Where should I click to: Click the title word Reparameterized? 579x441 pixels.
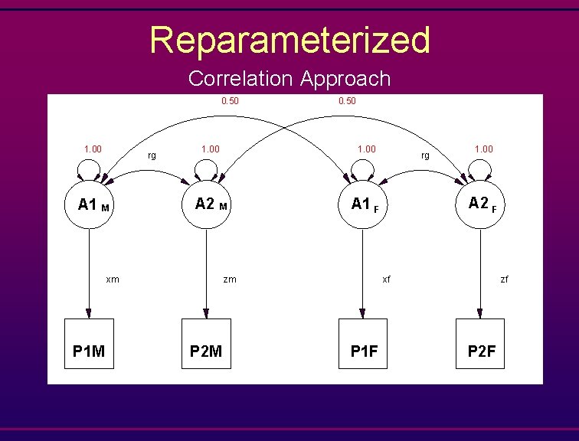289,40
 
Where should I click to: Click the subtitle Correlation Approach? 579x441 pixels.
289,78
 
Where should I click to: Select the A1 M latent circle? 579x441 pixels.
90,204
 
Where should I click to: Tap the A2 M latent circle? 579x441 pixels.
206,204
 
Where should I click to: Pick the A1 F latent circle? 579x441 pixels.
364,204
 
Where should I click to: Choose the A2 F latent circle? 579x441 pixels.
480,204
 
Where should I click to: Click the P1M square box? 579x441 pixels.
89,343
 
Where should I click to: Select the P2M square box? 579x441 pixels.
205,343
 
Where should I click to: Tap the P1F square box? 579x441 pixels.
364,343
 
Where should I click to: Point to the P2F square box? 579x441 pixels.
480,343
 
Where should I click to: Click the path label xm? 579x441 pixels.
113,279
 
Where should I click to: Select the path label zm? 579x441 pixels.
230,279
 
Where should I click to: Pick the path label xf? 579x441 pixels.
387,279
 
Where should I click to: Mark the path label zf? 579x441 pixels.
504,279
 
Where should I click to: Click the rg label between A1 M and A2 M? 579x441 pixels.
152,155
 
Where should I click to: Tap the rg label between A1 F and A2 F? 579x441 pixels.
425,155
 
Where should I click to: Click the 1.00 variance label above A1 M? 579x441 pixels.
93,149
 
